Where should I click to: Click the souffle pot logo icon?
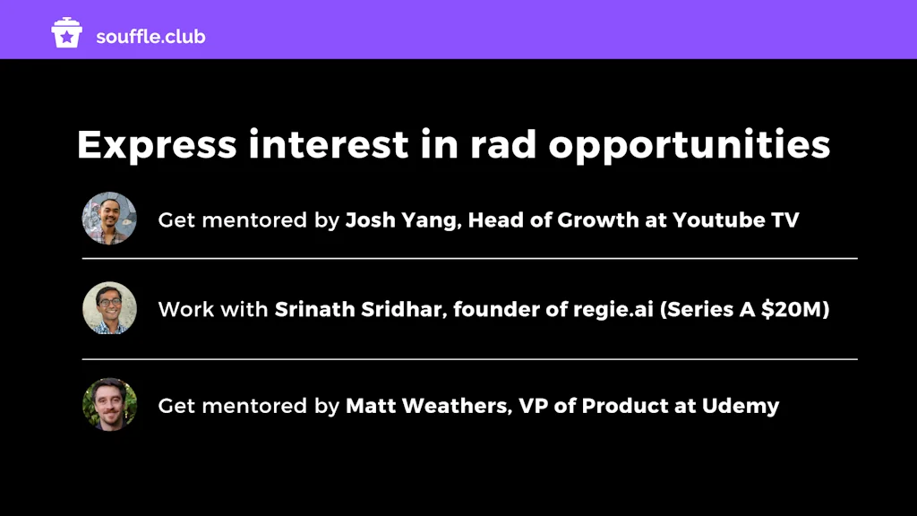tap(66, 33)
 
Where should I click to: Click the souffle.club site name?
tap(150, 36)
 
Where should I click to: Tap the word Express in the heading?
tap(157, 145)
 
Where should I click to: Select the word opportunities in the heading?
tap(690, 145)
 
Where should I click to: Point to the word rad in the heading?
tap(503, 144)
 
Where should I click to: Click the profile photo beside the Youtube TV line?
tap(109, 219)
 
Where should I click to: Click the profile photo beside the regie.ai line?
tap(109, 308)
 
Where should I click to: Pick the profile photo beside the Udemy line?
tap(109, 405)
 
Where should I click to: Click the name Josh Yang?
tap(401, 220)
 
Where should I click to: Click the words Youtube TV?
tap(736, 220)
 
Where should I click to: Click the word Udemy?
tap(741, 407)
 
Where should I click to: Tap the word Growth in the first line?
tap(598, 220)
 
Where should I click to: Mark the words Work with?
tap(213, 309)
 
